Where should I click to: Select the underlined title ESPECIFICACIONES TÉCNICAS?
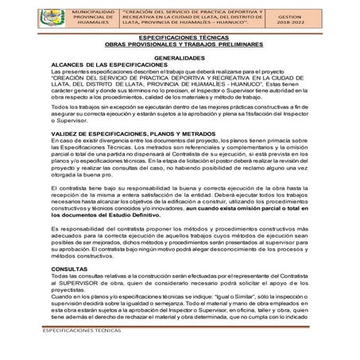tap(179, 37)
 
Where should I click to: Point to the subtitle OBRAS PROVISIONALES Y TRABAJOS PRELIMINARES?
tap(179, 45)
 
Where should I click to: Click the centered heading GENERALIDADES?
tap(179, 59)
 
